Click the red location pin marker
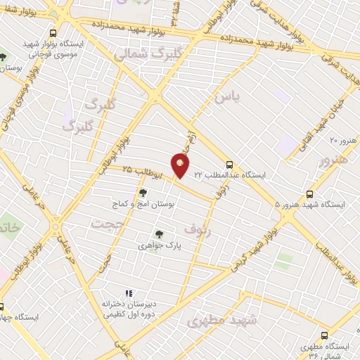181,166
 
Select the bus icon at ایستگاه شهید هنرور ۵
310,195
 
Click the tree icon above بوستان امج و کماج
143,193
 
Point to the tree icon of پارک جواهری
159,235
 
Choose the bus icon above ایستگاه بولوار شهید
54,32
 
